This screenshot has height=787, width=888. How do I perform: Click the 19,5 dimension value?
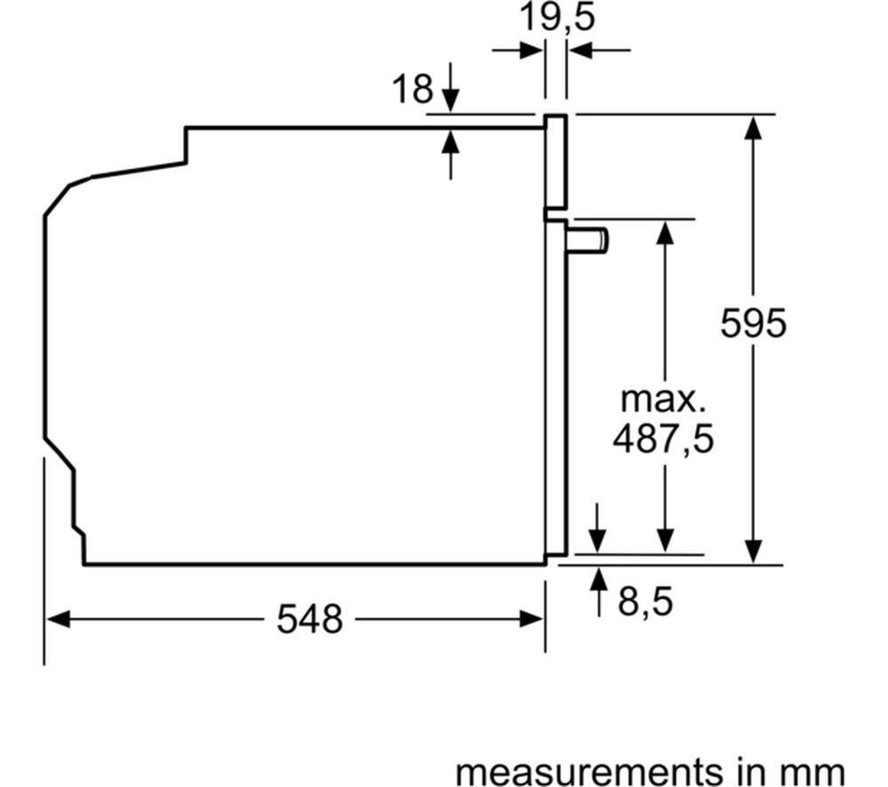coord(558,17)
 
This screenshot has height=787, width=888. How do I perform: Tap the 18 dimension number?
coord(413,89)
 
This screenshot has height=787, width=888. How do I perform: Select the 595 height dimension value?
coord(753,323)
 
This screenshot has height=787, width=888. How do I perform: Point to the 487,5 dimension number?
coord(663,438)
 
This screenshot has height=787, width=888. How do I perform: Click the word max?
coord(663,399)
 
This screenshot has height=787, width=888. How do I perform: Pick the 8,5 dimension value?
coord(646,602)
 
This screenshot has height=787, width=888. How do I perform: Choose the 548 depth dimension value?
coord(309,619)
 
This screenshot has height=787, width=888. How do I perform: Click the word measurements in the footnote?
coord(582,771)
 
